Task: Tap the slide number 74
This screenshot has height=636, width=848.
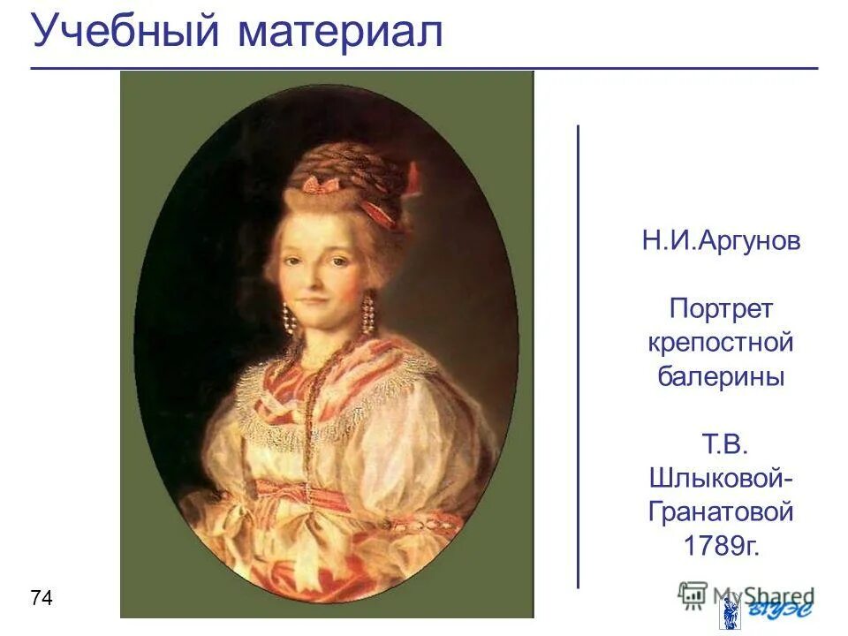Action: [42, 599]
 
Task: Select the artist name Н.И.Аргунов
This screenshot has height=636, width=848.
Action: [721, 242]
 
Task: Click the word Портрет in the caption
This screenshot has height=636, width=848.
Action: [721, 309]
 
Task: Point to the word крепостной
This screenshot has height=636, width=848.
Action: [721, 342]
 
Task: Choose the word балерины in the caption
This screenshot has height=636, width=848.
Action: [721, 375]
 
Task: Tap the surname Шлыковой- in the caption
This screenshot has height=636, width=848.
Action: [721, 477]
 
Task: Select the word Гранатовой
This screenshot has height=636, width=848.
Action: [721, 511]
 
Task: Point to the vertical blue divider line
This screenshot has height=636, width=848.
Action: [579, 353]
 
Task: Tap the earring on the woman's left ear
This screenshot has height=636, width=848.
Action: [367, 314]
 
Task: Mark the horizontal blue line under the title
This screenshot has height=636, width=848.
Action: [424, 67]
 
